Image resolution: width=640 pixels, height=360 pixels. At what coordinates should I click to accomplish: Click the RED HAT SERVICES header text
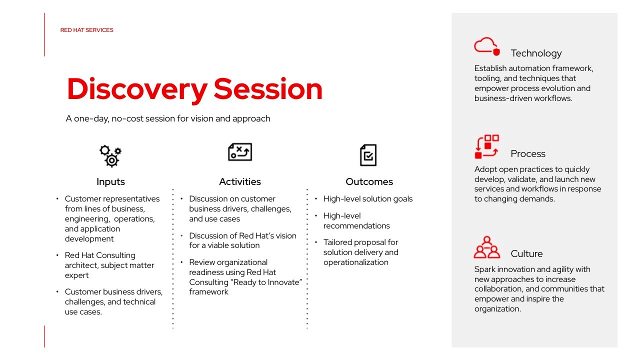point(86,30)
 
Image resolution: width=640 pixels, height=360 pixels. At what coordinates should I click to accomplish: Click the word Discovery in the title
point(137,89)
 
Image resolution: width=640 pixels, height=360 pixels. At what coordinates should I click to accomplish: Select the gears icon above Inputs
point(110,156)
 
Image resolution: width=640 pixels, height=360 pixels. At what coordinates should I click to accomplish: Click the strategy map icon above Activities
point(240,152)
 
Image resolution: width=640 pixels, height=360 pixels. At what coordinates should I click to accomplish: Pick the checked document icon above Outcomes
point(368,155)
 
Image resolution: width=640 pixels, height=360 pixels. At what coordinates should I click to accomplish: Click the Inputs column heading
point(110,181)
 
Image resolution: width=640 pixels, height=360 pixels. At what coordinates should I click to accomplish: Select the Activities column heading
point(240,181)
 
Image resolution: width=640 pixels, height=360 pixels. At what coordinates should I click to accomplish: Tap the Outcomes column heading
point(369,181)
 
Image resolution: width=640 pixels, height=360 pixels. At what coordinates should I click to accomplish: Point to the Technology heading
point(536,53)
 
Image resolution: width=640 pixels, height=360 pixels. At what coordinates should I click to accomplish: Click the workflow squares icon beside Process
point(487,146)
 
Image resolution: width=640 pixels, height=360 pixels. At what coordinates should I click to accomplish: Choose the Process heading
point(528,153)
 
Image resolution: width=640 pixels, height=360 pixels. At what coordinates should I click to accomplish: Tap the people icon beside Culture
point(487,247)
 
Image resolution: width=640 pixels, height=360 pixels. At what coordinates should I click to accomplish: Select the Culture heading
point(526,253)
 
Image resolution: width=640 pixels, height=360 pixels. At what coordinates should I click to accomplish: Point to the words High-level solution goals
point(368,199)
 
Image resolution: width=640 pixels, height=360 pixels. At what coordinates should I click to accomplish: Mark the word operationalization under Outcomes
point(356,262)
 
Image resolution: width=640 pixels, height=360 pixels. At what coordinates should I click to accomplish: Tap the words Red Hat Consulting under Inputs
point(100,255)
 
